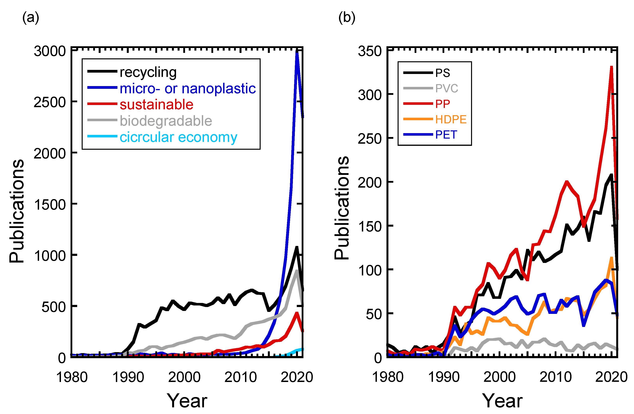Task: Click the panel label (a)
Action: (x=31, y=18)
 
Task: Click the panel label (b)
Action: (x=347, y=18)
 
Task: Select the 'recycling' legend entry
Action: (x=148, y=72)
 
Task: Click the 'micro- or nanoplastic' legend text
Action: (x=188, y=88)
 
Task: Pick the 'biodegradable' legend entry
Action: (x=166, y=121)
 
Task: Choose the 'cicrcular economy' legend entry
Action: (x=178, y=137)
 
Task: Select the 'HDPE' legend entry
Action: (x=451, y=119)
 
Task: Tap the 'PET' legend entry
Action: (x=446, y=135)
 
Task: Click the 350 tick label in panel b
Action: (x=370, y=51)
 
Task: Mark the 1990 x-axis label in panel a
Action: (x=128, y=377)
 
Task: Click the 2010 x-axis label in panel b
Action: (x=555, y=377)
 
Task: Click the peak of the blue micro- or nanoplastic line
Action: (x=297, y=52)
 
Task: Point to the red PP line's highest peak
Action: (x=612, y=67)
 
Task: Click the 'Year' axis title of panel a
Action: (x=187, y=401)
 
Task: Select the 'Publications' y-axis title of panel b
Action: (x=342, y=207)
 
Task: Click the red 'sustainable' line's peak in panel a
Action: (x=297, y=313)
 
